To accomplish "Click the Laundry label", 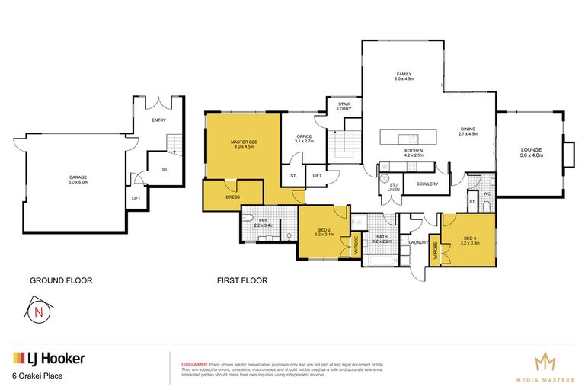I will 418,243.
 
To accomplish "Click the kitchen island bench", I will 410,137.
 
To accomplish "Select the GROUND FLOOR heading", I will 61,280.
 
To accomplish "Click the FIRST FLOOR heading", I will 242,280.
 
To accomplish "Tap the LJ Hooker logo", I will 48,358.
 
